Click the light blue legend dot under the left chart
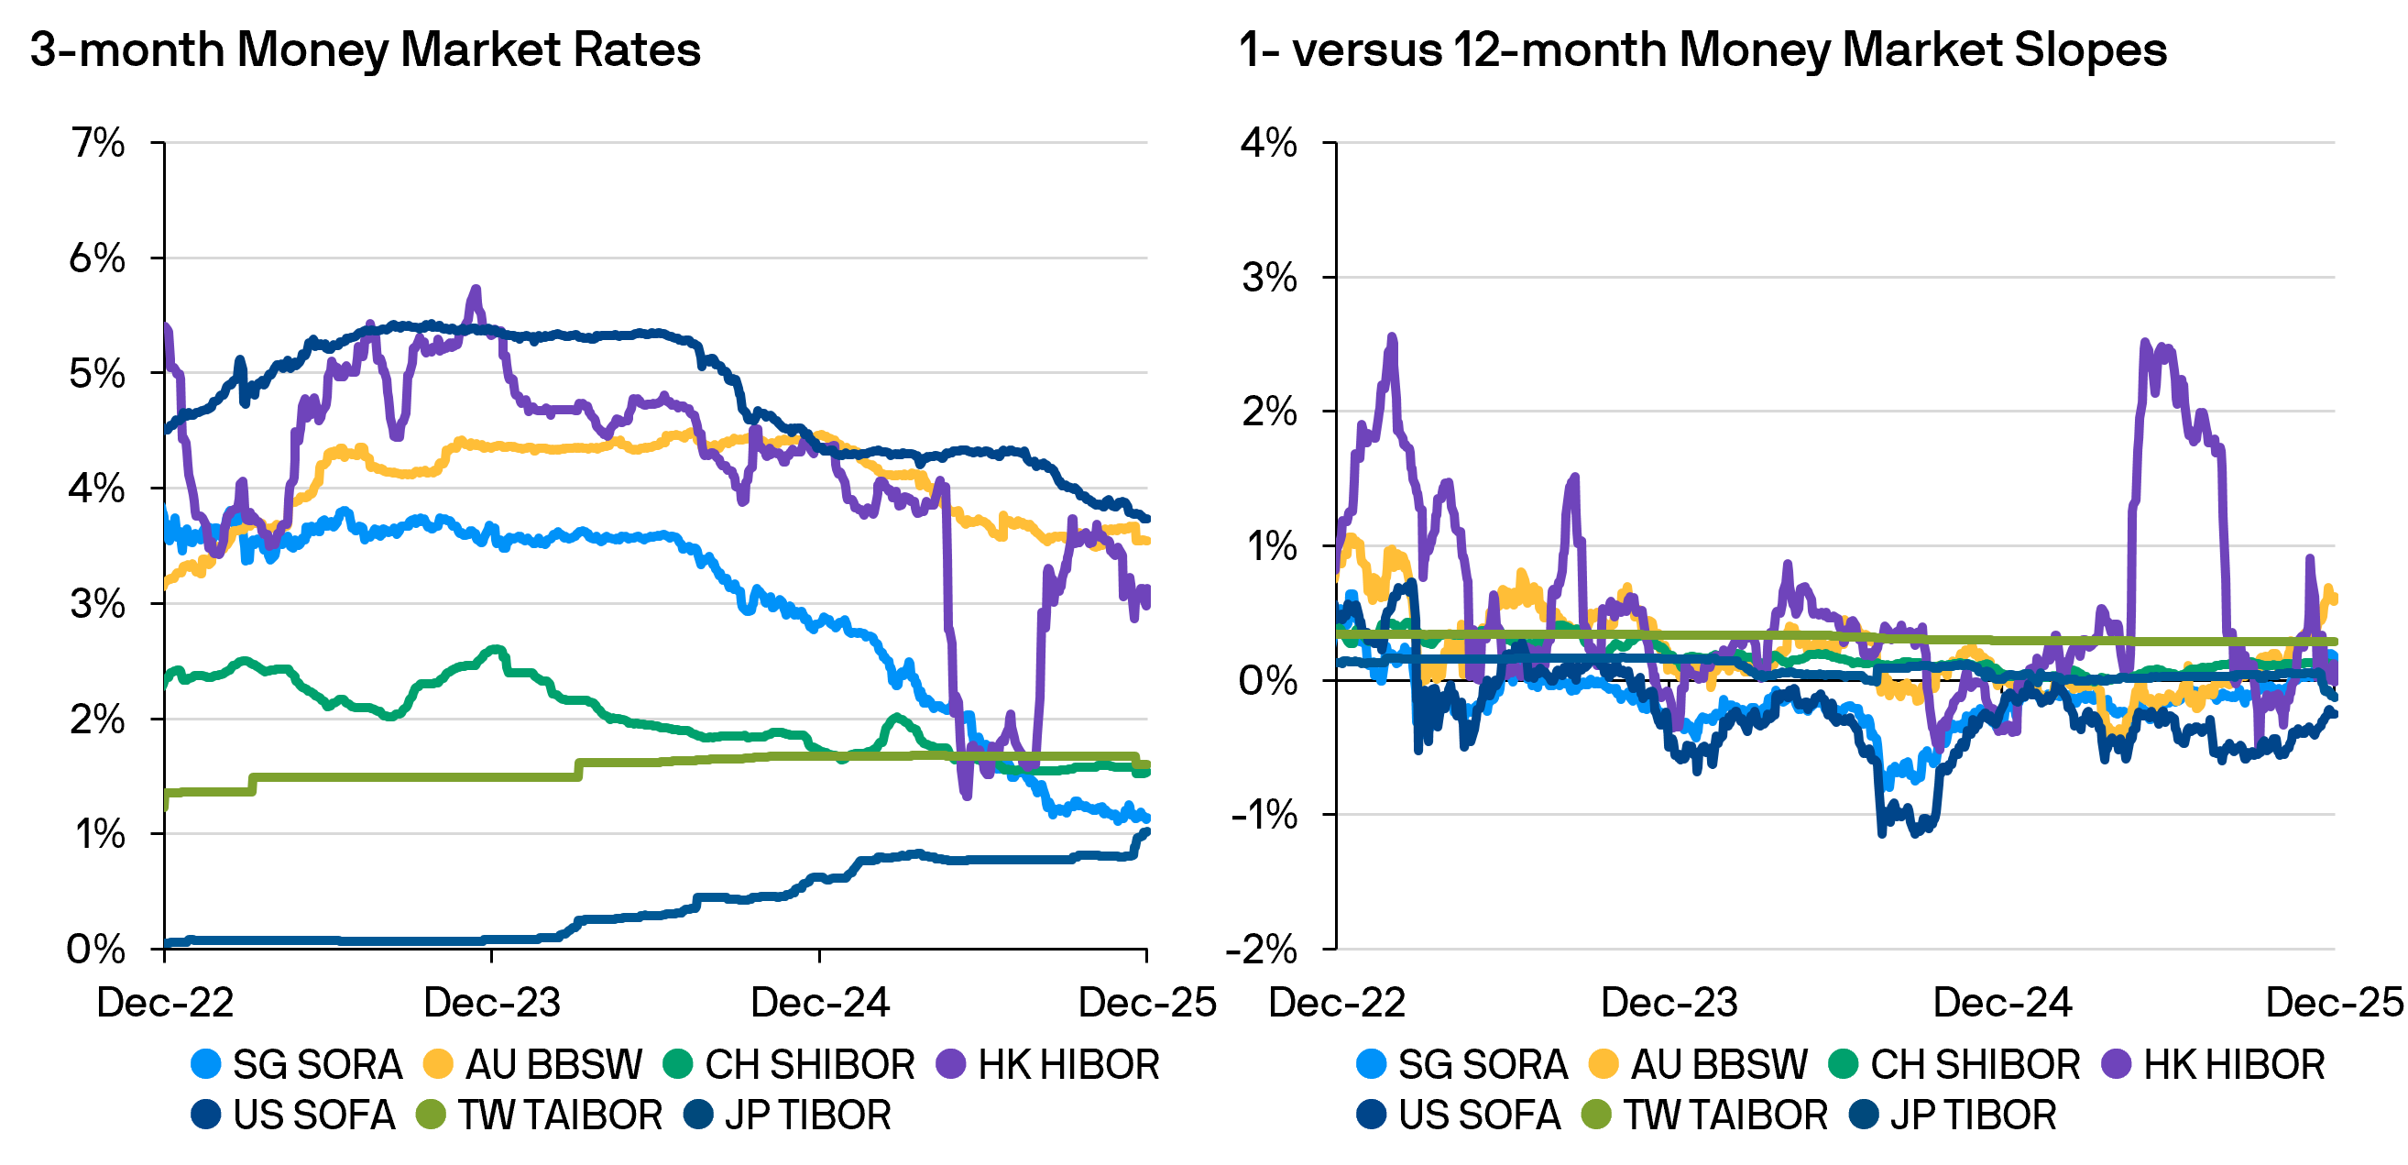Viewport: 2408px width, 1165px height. pyautogui.click(x=205, y=1063)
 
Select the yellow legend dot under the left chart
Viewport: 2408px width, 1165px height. pyautogui.click(x=437, y=1063)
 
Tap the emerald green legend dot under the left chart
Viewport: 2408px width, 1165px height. pyautogui.click(x=678, y=1063)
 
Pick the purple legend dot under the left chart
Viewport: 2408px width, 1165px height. pyautogui.click(x=951, y=1063)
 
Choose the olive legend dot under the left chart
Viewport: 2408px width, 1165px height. pyautogui.click(x=431, y=1114)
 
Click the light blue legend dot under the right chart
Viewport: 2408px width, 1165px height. pyautogui.click(x=1372, y=1063)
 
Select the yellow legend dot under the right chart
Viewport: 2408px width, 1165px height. pyautogui.click(x=1604, y=1063)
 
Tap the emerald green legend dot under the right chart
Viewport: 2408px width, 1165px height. pyautogui.click(x=1844, y=1063)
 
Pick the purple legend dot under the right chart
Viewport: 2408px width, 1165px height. pyautogui.click(x=2117, y=1063)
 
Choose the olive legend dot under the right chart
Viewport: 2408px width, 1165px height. pyautogui.click(x=1596, y=1114)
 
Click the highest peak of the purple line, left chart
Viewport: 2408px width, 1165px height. pyautogui.click(x=476, y=290)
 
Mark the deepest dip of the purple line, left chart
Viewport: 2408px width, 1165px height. pyautogui.click(x=966, y=796)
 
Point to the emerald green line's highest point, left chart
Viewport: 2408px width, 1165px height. pyautogui.click(x=495, y=648)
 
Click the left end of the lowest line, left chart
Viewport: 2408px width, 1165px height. pyautogui.click(x=168, y=942)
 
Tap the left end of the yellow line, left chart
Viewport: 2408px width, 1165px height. pyautogui.click(x=168, y=585)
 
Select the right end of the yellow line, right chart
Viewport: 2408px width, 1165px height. pyautogui.click(x=2333, y=599)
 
